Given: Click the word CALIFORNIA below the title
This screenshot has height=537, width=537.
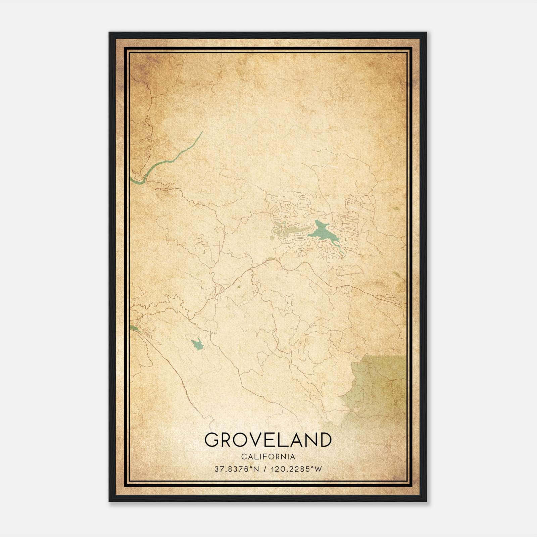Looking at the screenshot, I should coord(268,457).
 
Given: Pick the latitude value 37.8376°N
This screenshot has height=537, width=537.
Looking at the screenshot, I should coord(237,469).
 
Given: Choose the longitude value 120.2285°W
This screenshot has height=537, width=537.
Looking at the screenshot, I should coord(297,469).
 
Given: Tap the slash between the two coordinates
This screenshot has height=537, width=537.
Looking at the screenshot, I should coord(265,469).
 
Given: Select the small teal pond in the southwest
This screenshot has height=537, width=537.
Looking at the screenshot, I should coord(197,344).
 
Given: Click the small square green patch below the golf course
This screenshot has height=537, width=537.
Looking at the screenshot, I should coord(272,238).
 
